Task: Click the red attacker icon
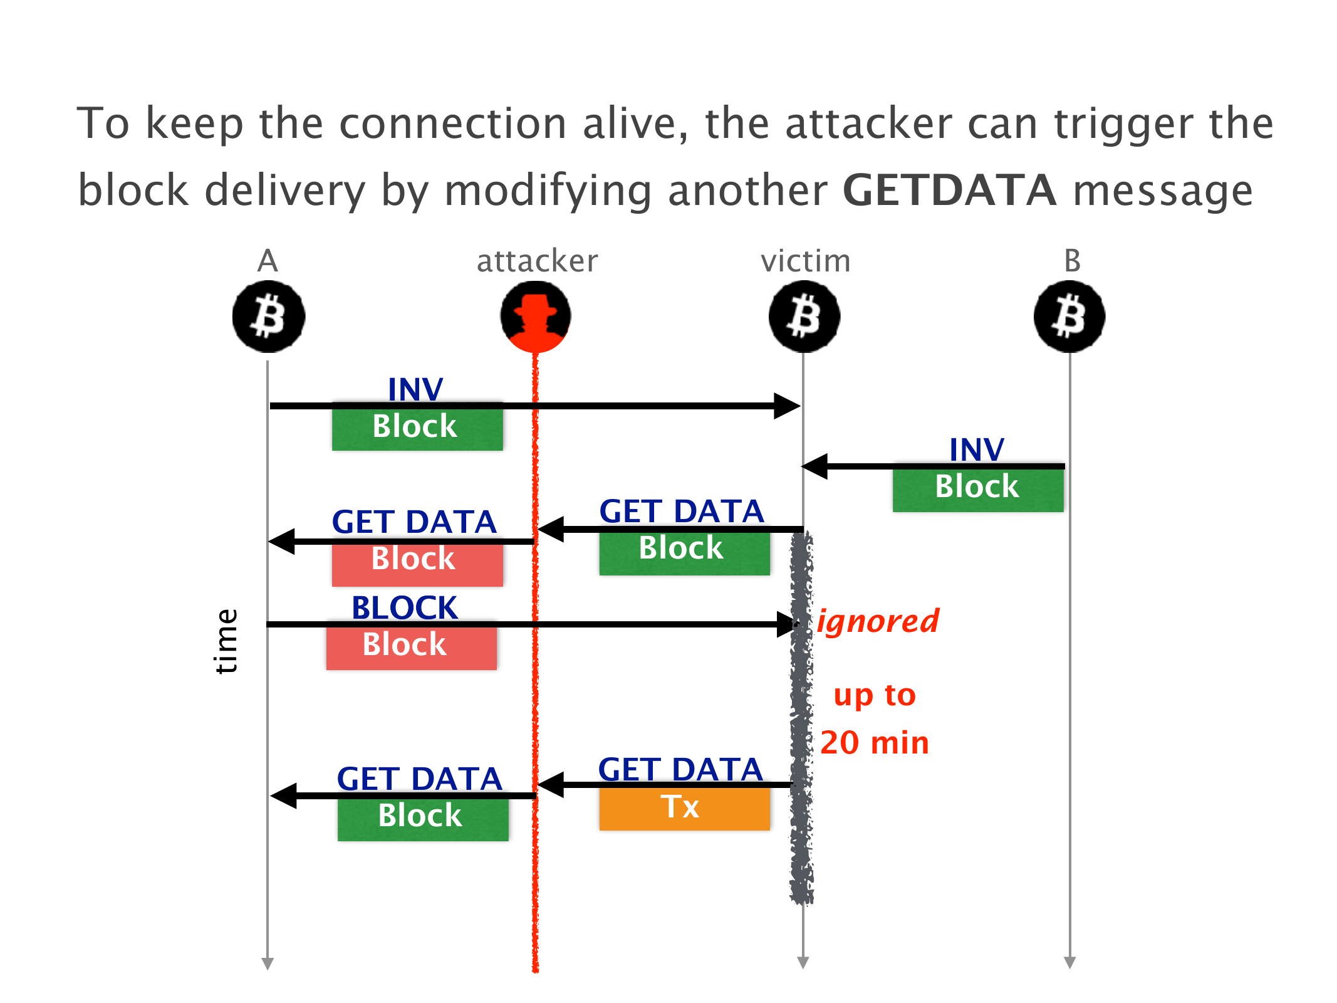[x=536, y=317]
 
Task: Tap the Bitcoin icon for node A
[x=269, y=317]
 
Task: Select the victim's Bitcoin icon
[x=804, y=317]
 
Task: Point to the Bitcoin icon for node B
[x=1069, y=317]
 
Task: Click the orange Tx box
[x=684, y=808]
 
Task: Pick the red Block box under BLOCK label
[x=411, y=646]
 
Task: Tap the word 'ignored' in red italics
[x=878, y=622]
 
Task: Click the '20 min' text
[x=875, y=743]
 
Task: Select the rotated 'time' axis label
[x=226, y=641]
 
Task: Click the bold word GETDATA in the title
[x=949, y=191]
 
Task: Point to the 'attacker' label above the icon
[x=537, y=261]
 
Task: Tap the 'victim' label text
[x=806, y=261]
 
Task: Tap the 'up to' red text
[x=875, y=695]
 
